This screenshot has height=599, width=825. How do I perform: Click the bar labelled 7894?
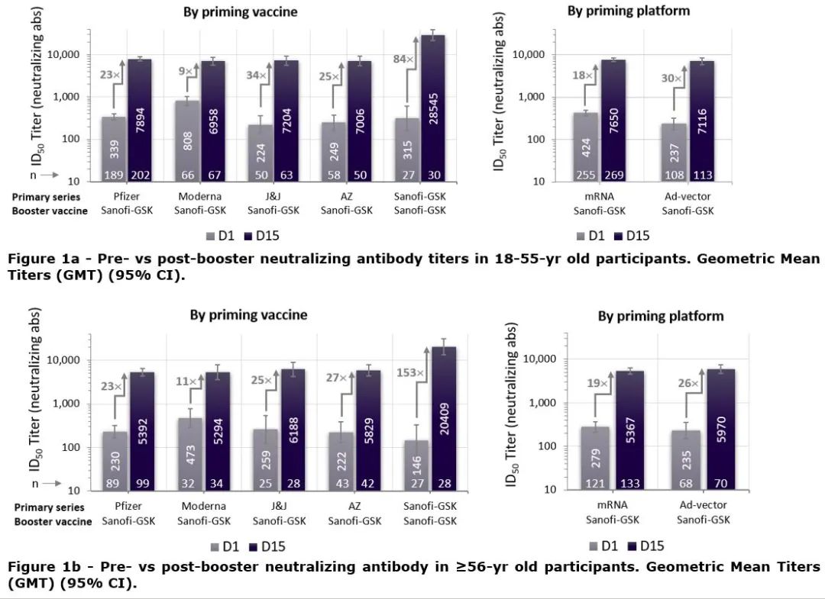pyautogui.click(x=140, y=118)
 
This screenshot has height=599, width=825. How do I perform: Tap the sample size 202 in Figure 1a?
pyautogui.click(x=139, y=175)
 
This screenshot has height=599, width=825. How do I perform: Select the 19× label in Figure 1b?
pyautogui.click(x=598, y=384)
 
